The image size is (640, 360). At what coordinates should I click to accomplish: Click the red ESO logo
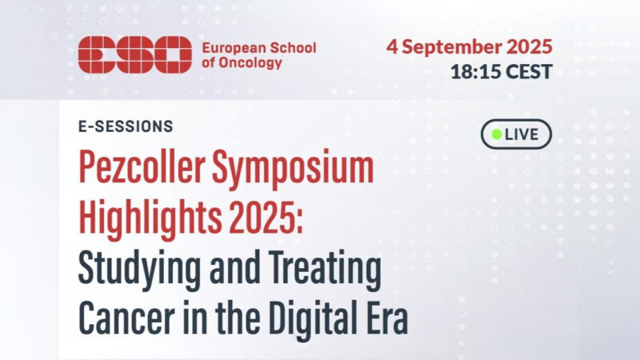pos(135,54)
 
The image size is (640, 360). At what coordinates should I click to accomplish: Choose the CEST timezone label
pos(526,71)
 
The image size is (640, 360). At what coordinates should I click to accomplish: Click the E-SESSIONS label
pos(126,126)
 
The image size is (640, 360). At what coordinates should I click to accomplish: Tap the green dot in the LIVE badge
pos(496,134)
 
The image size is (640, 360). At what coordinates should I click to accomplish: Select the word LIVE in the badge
pos(522,134)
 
